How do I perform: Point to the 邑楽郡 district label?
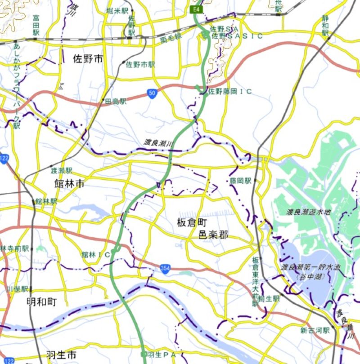[214, 235]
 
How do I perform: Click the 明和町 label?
[41, 302]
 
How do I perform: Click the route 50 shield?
[153, 93]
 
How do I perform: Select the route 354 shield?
[165, 268]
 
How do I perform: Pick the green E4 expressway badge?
[197, 9]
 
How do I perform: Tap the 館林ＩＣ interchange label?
[95, 255]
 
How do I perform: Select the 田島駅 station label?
[116, 102]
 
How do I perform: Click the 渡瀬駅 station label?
[61, 171]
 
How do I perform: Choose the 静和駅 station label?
[325, 27]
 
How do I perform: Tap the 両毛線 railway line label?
[171, 40]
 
